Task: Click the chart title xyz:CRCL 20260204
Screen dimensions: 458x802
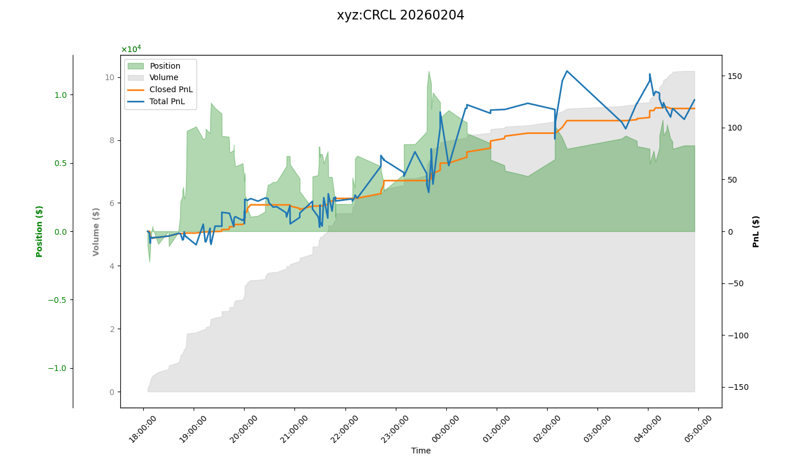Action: [x=400, y=15]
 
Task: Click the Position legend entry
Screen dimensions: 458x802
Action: [x=165, y=66]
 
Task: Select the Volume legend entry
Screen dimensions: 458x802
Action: [x=164, y=78]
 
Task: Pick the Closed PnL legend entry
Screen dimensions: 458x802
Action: [x=171, y=90]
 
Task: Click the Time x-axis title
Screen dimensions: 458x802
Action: [x=420, y=451]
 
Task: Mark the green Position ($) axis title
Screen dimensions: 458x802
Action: [x=40, y=231]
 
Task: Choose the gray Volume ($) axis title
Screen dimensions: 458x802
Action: [x=96, y=231]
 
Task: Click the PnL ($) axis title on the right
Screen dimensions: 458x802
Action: [x=756, y=231]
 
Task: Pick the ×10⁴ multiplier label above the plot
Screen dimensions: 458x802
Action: [x=131, y=49]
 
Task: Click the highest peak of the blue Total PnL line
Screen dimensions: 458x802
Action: [x=567, y=71]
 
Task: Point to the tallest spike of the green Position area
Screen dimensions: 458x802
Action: [x=429, y=72]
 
